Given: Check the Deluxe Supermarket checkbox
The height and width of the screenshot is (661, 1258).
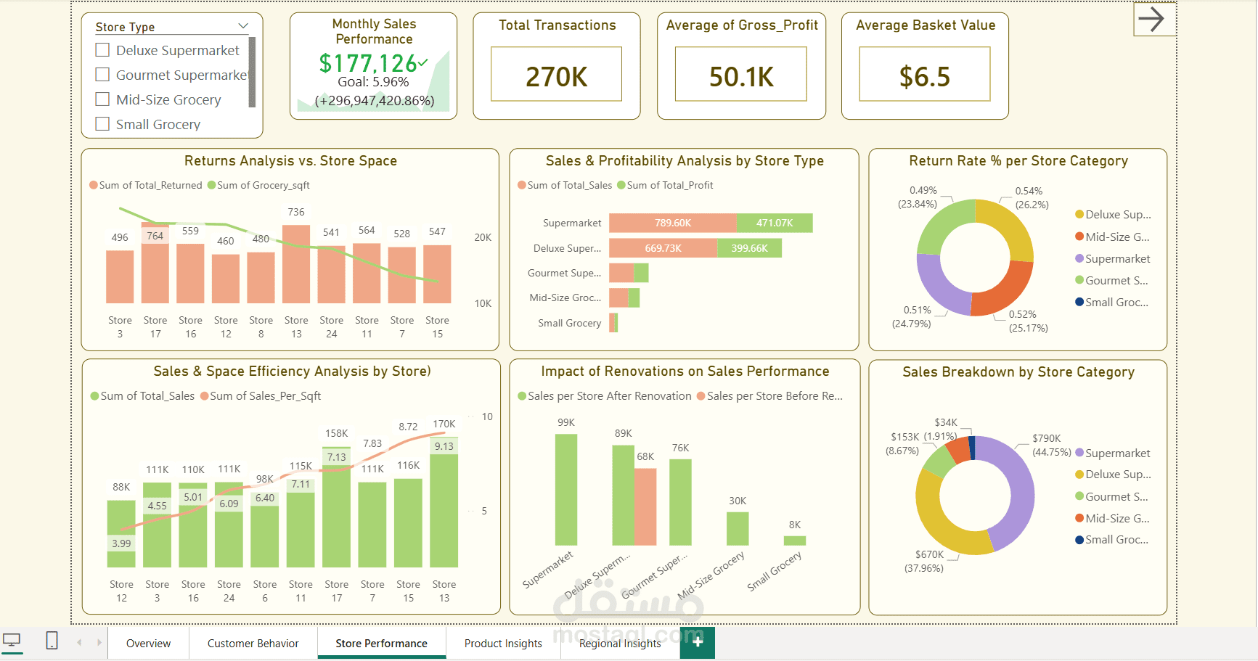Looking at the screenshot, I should [x=103, y=50].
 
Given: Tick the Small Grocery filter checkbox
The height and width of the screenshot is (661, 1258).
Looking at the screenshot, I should [x=103, y=124].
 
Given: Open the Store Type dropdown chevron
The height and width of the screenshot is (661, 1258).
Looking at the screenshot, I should [x=243, y=26].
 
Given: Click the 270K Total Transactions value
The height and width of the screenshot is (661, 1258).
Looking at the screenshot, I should [x=556, y=76].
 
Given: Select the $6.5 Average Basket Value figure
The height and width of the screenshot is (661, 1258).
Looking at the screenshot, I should [x=924, y=76].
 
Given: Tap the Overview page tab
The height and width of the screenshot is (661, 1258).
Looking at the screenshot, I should [x=148, y=644].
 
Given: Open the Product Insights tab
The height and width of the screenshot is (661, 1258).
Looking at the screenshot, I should [x=503, y=644].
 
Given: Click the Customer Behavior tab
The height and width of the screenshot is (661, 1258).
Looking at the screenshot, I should [x=253, y=644].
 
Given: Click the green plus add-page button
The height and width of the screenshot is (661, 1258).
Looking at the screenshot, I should [x=698, y=642].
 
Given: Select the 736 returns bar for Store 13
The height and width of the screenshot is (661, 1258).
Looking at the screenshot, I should [x=296, y=265].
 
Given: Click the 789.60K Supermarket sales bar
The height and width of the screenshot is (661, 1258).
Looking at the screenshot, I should [x=672, y=223].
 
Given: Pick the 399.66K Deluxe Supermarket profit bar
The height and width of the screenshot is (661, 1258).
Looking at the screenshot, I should [x=749, y=248].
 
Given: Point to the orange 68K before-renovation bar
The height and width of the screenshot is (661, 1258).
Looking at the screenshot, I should [x=645, y=506].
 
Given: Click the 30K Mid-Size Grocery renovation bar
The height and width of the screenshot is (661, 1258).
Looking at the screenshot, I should [x=738, y=528].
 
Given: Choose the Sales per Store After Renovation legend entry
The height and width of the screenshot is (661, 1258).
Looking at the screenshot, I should [x=609, y=396].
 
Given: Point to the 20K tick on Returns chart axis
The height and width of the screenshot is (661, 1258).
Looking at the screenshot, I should [x=483, y=238].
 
